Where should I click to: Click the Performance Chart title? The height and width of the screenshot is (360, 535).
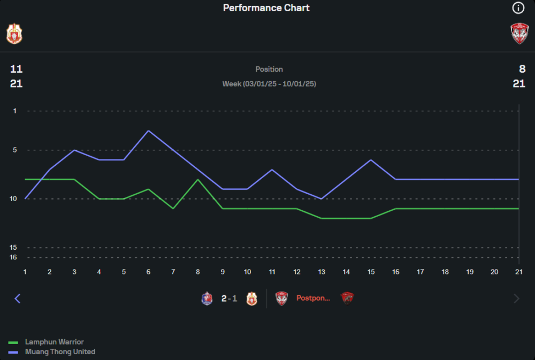point(266,8)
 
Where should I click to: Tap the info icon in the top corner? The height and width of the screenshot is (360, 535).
point(518,7)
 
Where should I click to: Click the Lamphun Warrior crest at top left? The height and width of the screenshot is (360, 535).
point(14,33)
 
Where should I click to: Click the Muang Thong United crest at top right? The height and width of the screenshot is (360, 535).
point(519,33)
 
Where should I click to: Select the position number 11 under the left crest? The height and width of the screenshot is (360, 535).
point(16,69)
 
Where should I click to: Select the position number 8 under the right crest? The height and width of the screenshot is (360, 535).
point(522,69)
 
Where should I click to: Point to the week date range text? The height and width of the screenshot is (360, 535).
point(269,84)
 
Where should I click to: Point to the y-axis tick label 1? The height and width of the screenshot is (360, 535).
point(15,111)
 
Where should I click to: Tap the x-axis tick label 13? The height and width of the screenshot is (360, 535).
point(322,272)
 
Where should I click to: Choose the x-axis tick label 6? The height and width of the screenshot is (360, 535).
point(148,272)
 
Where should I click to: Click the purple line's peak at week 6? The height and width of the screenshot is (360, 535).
point(148,131)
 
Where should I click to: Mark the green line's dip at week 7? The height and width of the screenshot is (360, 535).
point(173,209)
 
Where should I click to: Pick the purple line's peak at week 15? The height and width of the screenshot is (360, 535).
point(371,160)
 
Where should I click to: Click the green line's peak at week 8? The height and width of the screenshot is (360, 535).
point(198,179)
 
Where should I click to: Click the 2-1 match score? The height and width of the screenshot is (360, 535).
point(229,298)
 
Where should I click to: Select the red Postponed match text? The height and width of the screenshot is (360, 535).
point(314,298)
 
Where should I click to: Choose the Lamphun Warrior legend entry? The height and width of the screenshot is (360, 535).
point(54,342)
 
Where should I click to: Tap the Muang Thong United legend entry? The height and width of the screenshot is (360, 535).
point(60,352)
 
